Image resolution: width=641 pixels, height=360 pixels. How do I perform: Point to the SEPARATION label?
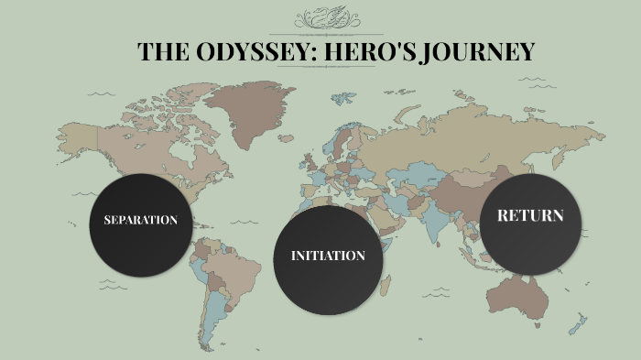[140, 221]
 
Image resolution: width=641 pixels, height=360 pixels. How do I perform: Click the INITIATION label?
[328, 256]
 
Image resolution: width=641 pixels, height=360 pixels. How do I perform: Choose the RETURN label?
[530, 216]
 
